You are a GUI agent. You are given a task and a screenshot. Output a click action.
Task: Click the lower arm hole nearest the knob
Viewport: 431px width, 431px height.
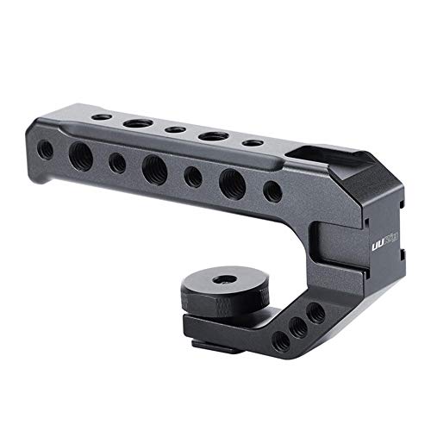coord(280,341)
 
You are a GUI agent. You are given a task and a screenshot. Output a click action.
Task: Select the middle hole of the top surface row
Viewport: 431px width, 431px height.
coord(175,130)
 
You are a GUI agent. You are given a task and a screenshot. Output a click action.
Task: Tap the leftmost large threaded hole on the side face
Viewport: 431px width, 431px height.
coord(81,154)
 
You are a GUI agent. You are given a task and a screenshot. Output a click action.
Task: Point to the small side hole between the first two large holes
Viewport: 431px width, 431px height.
coord(117,162)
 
